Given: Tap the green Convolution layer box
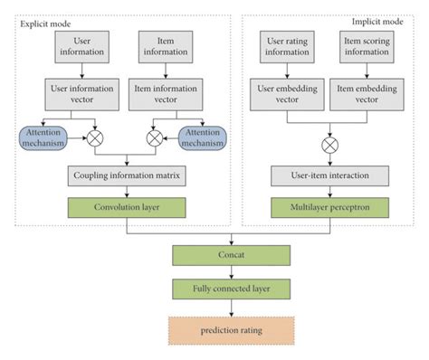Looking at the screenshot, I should pyautogui.click(x=128, y=207).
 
